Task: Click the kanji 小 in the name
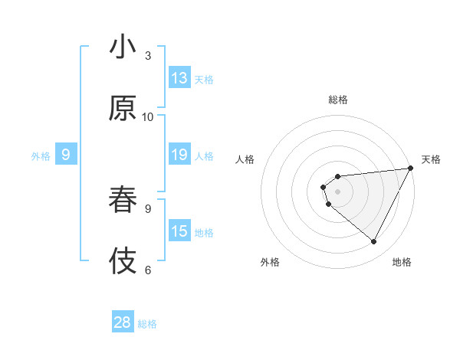click(x=122, y=48)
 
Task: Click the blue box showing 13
click(x=179, y=78)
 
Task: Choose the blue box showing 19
click(x=179, y=155)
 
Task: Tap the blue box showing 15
click(x=179, y=231)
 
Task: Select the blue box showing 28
click(x=123, y=322)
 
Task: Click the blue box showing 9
click(x=66, y=155)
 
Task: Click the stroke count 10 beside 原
click(x=148, y=116)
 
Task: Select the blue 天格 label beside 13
click(x=204, y=79)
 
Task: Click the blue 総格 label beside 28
click(x=147, y=323)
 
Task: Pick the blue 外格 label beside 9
click(x=41, y=155)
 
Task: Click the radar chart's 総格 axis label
click(x=338, y=100)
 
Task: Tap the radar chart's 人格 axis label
click(x=245, y=159)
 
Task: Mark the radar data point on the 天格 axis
click(x=412, y=168)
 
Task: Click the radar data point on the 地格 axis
click(x=374, y=242)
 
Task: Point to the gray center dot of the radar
click(x=337, y=191)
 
